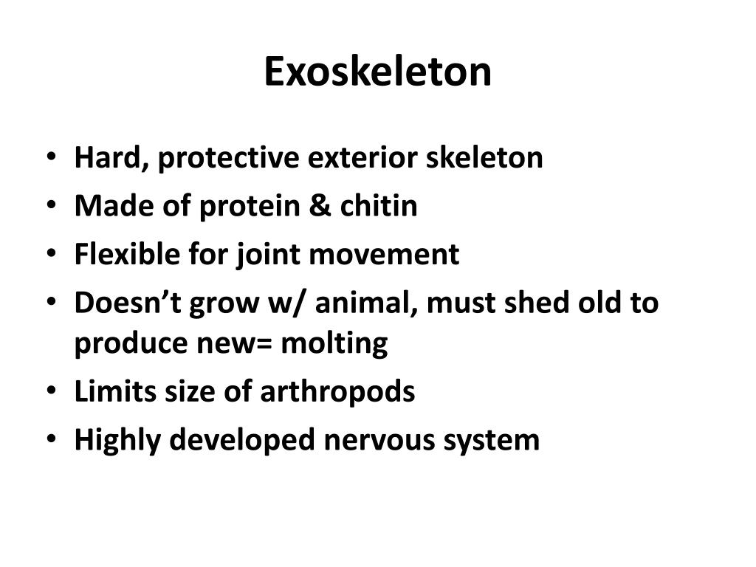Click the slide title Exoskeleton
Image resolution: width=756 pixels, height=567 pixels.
pyautogui.click(x=377, y=72)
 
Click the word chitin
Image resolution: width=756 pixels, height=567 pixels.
pyautogui.click(x=379, y=206)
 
